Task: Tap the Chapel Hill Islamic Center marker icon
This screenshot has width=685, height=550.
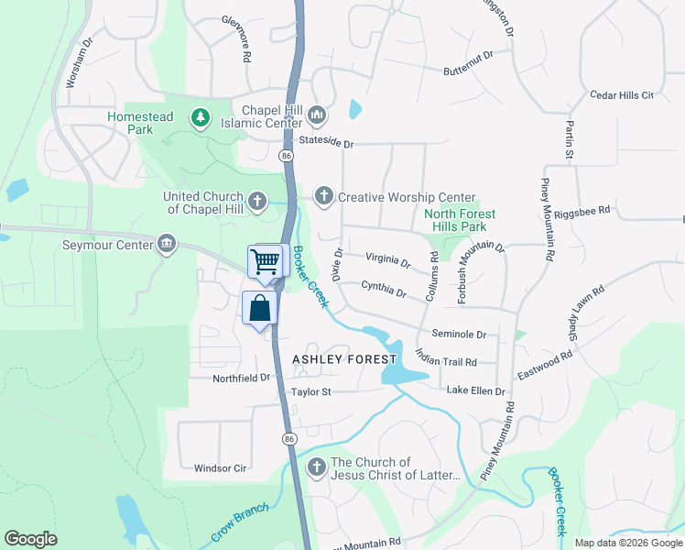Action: click(x=317, y=115)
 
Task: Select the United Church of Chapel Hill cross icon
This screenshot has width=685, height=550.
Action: click(x=257, y=200)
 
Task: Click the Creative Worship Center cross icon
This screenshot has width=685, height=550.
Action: click(x=322, y=196)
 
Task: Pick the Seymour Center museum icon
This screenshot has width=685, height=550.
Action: click(x=166, y=244)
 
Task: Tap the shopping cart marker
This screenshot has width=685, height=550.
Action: click(x=266, y=261)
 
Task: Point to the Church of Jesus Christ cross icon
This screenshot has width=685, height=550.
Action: click(x=317, y=467)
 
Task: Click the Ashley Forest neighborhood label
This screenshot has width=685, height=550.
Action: click(x=344, y=359)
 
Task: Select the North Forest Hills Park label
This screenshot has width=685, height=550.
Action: click(x=460, y=220)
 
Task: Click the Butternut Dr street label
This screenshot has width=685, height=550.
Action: click(x=468, y=62)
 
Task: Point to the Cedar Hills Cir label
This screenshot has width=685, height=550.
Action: click(x=622, y=94)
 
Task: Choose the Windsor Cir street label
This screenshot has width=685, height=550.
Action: click(x=221, y=468)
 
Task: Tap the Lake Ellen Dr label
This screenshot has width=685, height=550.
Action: click(x=475, y=391)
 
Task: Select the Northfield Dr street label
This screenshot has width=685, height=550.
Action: click(x=242, y=377)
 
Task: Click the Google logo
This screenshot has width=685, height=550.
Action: click(x=31, y=539)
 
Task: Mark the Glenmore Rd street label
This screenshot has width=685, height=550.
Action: click(x=235, y=37)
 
